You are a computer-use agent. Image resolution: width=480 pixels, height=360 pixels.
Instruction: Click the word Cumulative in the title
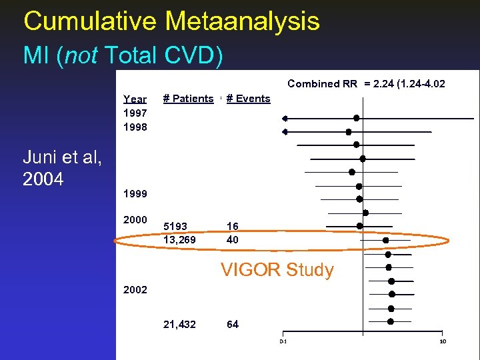tap(90, 21)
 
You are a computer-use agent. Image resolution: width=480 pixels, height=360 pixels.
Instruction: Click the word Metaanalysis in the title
tap(243, 21)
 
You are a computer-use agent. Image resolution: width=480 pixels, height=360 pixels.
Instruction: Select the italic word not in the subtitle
tap(81, 55)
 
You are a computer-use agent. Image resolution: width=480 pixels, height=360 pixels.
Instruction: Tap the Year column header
tap(135, 99)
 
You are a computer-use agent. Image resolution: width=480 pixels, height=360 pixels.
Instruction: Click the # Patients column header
tap(189, 99)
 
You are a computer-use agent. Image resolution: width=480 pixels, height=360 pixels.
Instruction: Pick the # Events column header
tap(248, 99)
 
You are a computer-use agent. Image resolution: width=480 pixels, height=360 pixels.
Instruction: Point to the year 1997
tap(135, 113)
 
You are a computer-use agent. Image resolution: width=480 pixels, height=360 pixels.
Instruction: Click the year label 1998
tap(135, 127)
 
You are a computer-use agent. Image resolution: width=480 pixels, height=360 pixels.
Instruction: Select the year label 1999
tap(135, 194)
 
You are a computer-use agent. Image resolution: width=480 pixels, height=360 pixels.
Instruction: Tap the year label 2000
tap(135, 220)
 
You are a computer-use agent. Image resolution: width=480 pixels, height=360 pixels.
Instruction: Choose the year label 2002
tap(135, 291)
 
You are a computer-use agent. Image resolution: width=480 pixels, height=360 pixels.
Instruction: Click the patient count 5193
tap(175, 226)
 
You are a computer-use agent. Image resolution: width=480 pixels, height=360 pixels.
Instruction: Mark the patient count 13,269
tap(180, 239)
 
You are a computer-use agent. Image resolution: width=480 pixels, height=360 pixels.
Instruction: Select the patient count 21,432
tap(180, 324)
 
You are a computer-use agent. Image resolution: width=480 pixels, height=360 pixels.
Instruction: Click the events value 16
tap(232, 226)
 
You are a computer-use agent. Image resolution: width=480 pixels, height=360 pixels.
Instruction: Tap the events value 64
tap(233, 324)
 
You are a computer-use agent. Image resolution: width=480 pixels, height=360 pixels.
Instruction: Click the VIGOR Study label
tap(277, 270)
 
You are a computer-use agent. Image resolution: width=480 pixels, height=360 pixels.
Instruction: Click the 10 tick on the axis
tap(443, 342)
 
